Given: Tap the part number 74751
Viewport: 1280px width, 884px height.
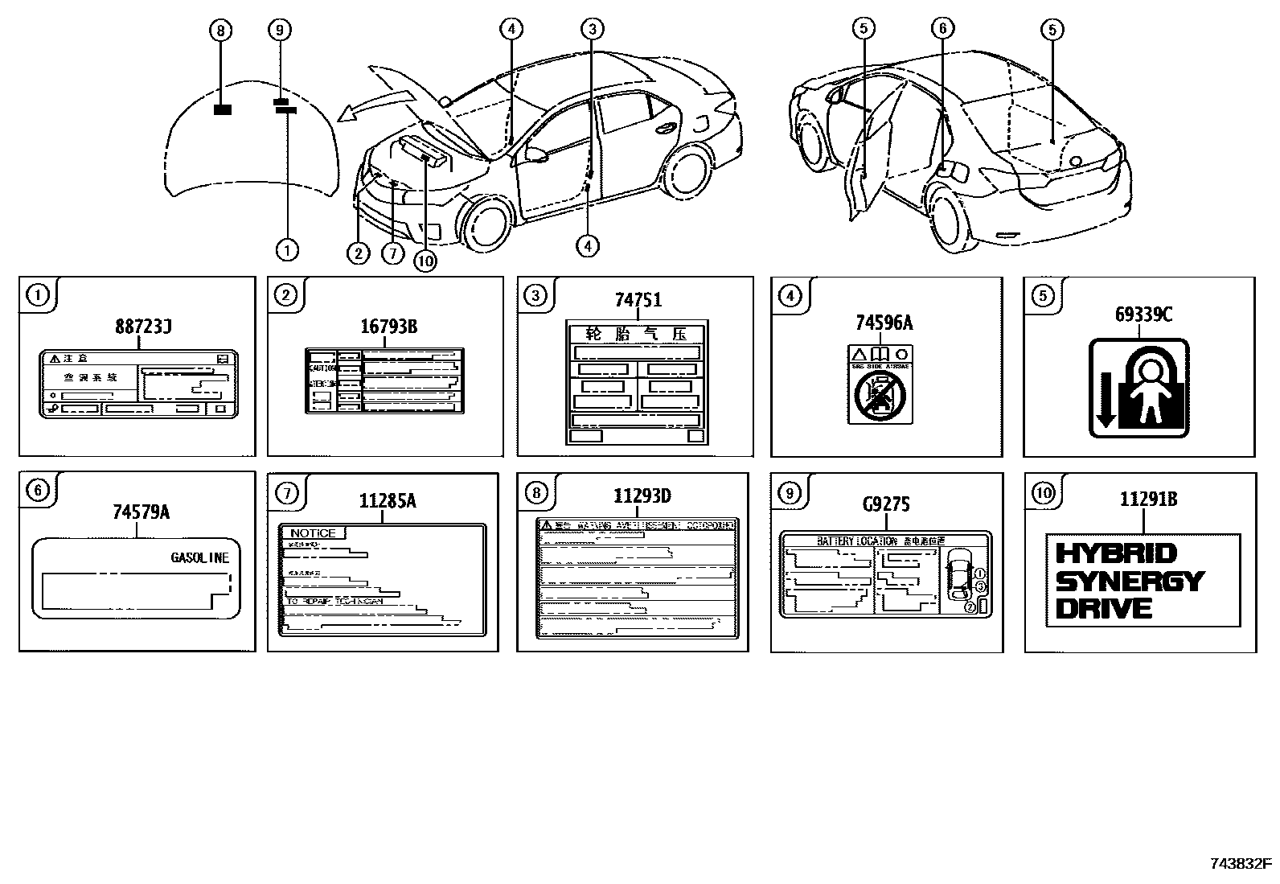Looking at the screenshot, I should [638, 300].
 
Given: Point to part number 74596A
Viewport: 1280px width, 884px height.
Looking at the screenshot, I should [884, 323].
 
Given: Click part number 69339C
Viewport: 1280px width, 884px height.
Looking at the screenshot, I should [1143, 315].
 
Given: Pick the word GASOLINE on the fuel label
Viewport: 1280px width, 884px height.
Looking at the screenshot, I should [199, 557].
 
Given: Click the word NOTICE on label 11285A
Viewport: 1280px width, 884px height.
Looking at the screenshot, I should [313, 533].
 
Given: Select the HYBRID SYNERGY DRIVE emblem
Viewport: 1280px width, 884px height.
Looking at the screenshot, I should [1142, 580].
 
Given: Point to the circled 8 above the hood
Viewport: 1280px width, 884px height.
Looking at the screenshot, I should [220, 31].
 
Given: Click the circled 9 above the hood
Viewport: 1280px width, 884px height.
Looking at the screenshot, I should [279, 31].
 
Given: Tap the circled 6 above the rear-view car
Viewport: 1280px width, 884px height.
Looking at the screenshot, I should [942, 29].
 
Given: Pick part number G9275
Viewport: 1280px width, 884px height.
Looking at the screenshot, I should [885, 504].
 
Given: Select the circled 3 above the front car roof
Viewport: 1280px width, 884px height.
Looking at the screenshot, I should [591, 31].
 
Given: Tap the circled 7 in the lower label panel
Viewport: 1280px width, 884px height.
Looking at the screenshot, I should [287, 493].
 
